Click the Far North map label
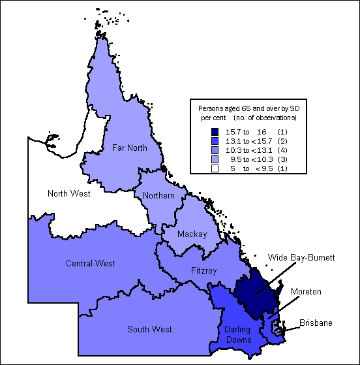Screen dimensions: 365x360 129,148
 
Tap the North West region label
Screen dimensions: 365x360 69,193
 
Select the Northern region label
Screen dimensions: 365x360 158,196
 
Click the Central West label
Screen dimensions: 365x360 91,263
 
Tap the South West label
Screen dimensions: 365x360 150,329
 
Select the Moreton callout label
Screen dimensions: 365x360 306,291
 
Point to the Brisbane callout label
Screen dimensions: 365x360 316,323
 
